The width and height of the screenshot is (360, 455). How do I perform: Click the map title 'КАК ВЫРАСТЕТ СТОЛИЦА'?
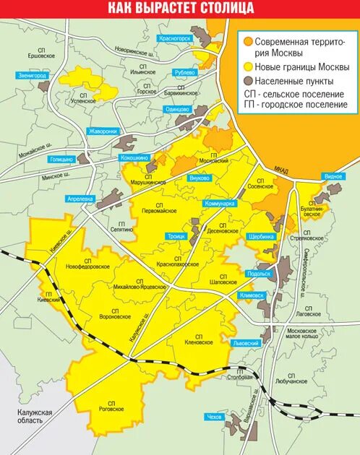coord(180,8)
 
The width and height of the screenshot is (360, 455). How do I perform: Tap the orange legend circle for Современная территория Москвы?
coord(249,42)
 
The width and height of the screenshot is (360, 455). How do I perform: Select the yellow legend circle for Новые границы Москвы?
coord(249,67)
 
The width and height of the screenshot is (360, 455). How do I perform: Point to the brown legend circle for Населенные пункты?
coord(249,81)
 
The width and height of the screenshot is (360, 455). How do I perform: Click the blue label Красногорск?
coord(175,38)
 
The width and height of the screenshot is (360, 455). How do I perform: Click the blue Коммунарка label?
coord(220,204)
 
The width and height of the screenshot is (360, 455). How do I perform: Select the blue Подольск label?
coord(258,274)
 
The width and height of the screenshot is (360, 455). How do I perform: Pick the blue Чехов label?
coord(215,417)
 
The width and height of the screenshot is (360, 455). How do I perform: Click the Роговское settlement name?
coord(111,406)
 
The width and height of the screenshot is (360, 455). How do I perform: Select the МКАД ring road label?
coord(281,170)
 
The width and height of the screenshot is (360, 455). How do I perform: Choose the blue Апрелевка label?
coord(80,197)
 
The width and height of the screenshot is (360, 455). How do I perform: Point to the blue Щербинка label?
coord(261,236)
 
